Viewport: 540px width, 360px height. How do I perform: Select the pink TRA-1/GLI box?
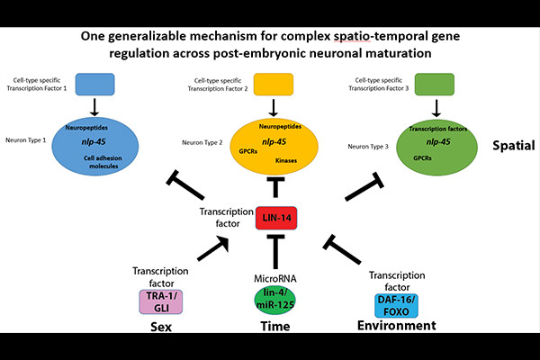tap(157, 301)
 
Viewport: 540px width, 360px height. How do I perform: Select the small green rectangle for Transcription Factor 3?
tap(438, 85)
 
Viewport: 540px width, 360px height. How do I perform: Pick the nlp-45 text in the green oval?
tap(438, 141)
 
